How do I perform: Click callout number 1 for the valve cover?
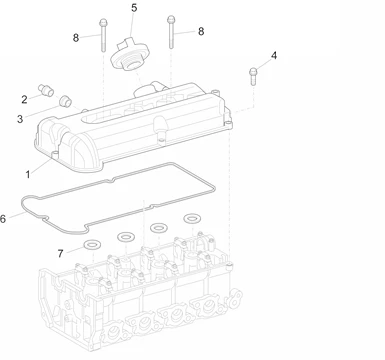point(28,174)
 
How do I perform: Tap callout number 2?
point(24,99)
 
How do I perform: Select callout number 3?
point(20,119)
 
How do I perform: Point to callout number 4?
point(274,55)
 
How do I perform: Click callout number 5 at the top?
point(134,8)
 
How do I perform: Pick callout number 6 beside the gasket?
point(3,219)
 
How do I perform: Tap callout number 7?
point(60,254)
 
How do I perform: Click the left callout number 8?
point(76,38)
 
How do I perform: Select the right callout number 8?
point(201,31)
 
